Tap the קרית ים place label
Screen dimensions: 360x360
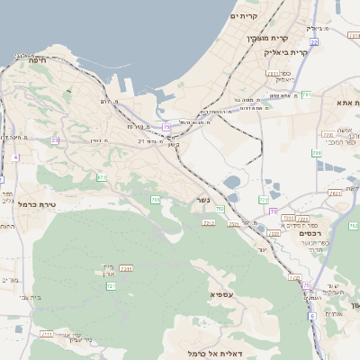(243, 16)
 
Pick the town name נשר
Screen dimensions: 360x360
(203, 200)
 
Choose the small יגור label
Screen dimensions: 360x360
(262, 248)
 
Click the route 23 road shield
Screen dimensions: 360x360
(55, 140)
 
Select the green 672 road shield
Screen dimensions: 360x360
(102, 178)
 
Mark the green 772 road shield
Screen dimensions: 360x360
(264, 200)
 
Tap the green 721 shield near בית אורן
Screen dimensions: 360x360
(112, 285)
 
